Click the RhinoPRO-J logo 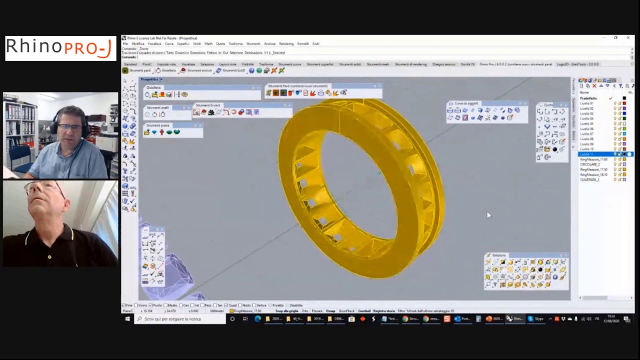(60, 48)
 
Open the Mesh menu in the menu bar (208, 43)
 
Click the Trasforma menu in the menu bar (235, 43)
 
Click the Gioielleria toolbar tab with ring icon (164, 70)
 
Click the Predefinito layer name (589, 98)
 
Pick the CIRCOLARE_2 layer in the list (590, 164)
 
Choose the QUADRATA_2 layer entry (589, 179)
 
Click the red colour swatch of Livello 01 (624, 103)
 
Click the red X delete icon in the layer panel (595, 86)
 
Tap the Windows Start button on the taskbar (127, 319)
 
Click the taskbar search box (180, 319)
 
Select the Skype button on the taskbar (535, 319)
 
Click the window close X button (628, 38)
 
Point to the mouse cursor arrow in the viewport (488, 215)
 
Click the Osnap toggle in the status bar (330, 311)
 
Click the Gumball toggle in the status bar (364, 311)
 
